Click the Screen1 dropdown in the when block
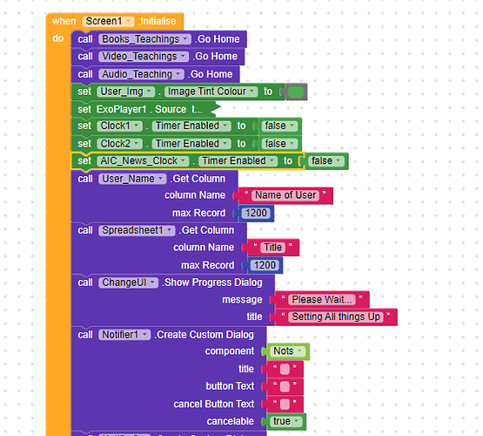(108, 21)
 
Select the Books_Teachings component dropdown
(144, 39)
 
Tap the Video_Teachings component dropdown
(144, 57)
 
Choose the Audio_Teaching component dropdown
(141, 74)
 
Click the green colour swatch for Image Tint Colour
(296, 92)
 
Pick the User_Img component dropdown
(126, 92)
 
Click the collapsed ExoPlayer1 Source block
(145, 109)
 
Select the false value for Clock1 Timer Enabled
(279, 126)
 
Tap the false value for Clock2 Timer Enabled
(279, 144)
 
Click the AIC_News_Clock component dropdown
(143, 161)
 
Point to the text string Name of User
(285, 195)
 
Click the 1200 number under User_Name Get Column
(256, 214)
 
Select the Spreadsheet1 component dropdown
(137, 230)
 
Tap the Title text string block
(272, 248)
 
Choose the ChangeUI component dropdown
(128, 283)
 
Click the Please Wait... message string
(322, 300)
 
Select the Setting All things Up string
(336, 317)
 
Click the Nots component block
(288, 351)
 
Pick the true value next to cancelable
(286, 421)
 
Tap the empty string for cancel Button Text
(285, 405)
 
